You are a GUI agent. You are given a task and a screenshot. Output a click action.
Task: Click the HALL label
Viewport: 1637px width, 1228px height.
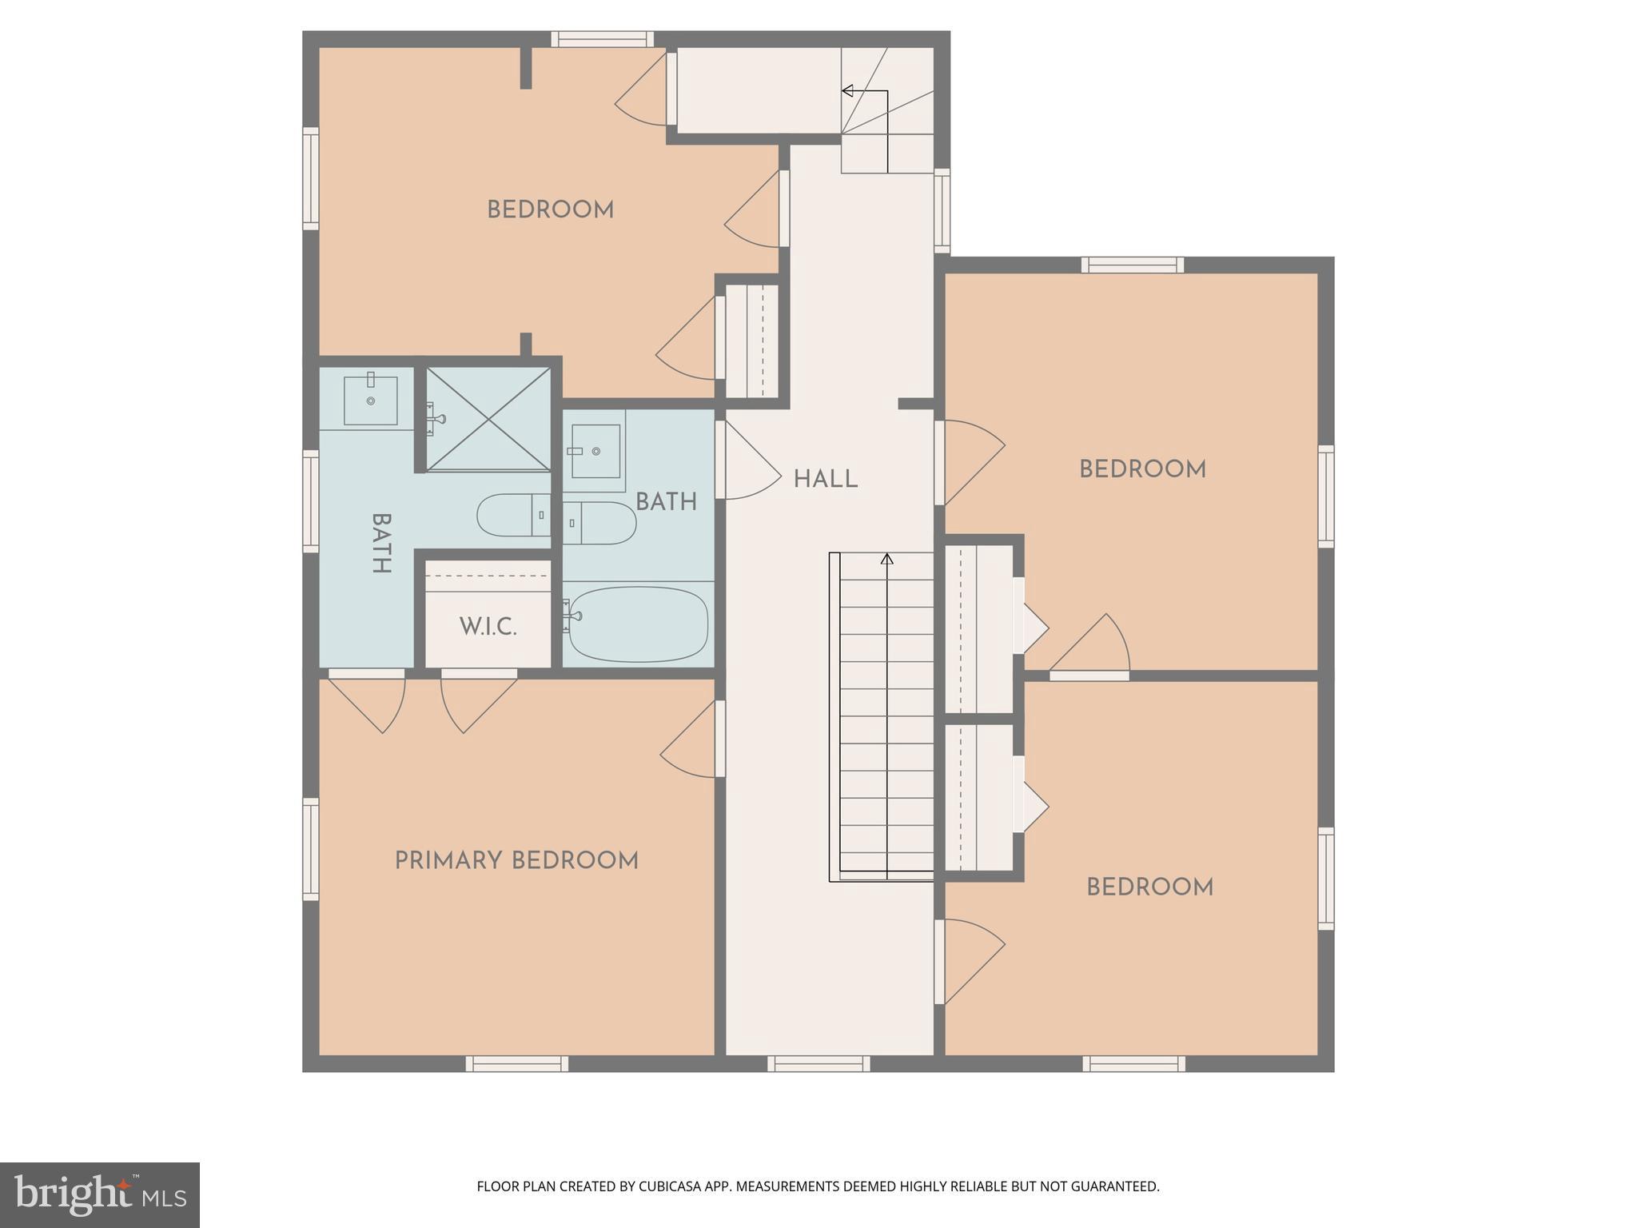click(825, 480)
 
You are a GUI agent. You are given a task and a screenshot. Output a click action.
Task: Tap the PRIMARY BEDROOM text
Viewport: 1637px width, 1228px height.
click(516, 861)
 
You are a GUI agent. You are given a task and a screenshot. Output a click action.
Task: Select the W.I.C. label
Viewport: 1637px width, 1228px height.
click(488, 627)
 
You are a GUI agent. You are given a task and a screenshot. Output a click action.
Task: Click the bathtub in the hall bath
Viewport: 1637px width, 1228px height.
click(638, 624)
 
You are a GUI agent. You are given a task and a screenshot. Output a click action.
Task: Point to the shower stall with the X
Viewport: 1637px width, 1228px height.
click(488, 419)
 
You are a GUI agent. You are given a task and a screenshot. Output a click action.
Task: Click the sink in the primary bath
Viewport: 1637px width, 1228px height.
click(370, 401)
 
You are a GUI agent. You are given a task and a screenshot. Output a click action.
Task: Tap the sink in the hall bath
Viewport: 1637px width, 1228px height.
click(595, 451)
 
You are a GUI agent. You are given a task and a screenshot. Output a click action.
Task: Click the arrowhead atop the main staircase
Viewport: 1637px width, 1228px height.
click(886, 559)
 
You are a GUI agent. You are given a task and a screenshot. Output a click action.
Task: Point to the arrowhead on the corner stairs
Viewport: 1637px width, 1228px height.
click(847, 91)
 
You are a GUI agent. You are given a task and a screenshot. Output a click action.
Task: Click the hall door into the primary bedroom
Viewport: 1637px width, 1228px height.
click(720, 739)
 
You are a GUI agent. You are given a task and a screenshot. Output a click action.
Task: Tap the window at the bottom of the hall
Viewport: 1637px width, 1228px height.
click(818, 1063)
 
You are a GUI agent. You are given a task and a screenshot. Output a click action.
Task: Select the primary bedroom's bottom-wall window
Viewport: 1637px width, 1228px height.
click(516, 1063)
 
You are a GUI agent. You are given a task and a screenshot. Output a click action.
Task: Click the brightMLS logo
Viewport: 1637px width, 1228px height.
click(99, 1194)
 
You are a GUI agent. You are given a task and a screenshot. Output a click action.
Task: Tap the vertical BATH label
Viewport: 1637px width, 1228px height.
click(381, 543)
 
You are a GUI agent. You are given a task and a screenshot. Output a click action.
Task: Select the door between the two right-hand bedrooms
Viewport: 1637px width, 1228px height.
click(1089, 676)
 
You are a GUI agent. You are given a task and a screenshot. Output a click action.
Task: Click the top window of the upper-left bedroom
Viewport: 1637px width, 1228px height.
click(602, 39)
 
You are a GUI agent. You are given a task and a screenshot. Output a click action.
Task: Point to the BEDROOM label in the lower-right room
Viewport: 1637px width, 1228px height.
click(1149, 887)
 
